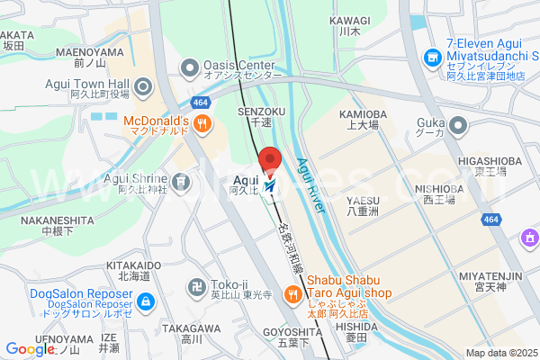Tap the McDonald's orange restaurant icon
(x=203, y=124)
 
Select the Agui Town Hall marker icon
(x=146, y=87)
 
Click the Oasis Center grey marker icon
(x=190, y=67)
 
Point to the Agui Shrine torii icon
(x=183, y=182)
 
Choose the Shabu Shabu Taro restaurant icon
(x=292, y=294)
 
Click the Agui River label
(x=310, y=185)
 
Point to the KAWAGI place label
(x=349, y=20)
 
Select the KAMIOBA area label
(x=363, y=114)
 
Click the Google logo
(x=30, y=349)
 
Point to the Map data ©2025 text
(x=499, y=353)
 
